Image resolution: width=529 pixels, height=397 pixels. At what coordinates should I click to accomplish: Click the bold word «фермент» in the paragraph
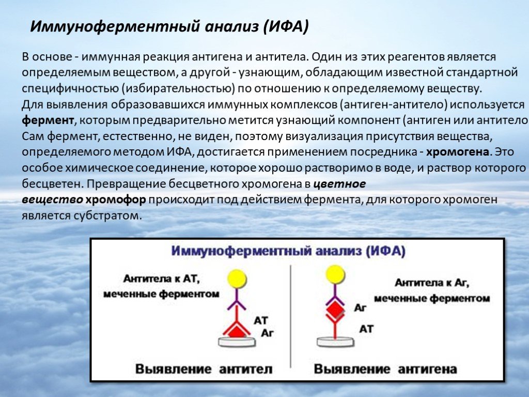pos(48,120)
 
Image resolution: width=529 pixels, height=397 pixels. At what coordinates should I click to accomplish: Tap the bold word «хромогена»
pos(458,152)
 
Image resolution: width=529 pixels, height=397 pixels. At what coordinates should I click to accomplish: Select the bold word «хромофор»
pos(116,200)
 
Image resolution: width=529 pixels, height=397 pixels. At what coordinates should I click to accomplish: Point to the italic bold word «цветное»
pos(339,184)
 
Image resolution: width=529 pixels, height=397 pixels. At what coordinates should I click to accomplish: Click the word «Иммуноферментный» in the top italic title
pos(115,27)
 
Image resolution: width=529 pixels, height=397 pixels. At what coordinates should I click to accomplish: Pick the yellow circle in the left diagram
pos(237,279)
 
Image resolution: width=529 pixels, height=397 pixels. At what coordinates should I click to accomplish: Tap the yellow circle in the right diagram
pos(335,274)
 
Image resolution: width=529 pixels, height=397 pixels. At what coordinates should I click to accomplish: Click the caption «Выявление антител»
pos(204,369)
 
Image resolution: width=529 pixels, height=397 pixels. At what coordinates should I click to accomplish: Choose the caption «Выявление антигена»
pos(385,369)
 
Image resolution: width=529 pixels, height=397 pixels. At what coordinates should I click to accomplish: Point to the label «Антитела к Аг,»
pos(432,283)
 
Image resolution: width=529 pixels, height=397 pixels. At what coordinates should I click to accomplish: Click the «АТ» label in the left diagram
pos(261,320)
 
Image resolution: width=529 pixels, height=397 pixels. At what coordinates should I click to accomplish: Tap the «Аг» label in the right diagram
pos(360,308)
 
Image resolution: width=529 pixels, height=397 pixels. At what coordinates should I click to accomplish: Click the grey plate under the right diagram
pos(335,342)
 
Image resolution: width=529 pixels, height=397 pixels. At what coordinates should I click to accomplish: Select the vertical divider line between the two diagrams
pos(291,316)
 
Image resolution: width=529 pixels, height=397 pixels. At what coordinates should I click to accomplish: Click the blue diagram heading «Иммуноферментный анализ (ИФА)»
pos(288,252)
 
